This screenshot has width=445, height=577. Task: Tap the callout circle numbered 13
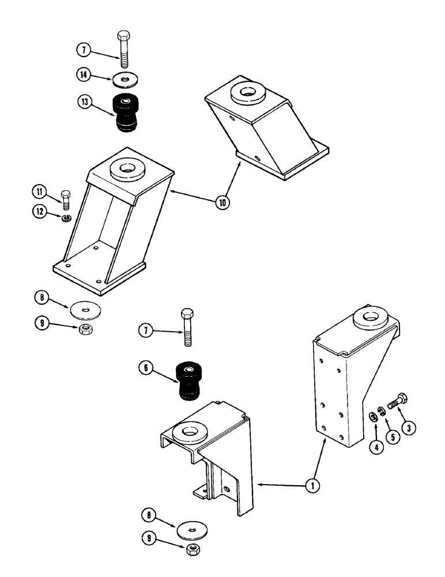coord(84,103)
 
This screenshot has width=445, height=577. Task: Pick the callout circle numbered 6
coord(146,367)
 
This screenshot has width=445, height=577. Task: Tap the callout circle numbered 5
coord(393,437)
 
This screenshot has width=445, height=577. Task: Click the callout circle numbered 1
coord(312,486)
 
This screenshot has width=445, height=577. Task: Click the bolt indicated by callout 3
coord(397,400)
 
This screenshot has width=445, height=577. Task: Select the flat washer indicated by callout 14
coord(125,77)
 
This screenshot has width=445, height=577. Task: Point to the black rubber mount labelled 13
coord(127,113)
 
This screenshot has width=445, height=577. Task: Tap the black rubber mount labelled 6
coord(188,380)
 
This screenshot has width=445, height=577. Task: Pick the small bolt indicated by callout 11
coord(66,199)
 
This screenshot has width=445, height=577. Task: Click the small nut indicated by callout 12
coord(67,218)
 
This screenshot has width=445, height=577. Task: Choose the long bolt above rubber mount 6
coord(187,328)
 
